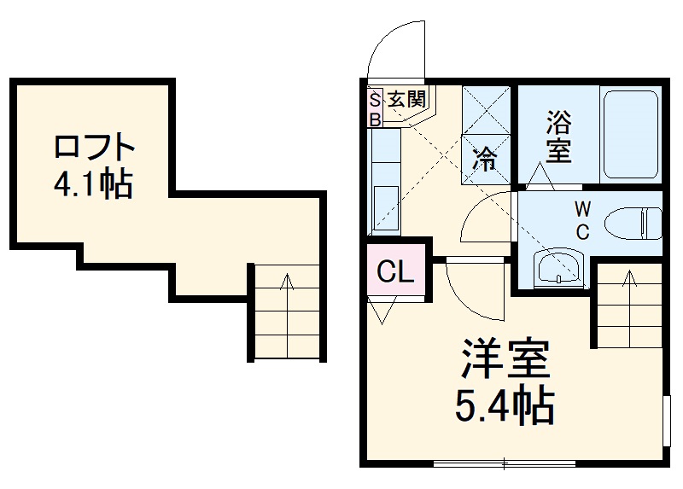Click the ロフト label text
pos(95,148)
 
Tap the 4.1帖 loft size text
pos(94,183)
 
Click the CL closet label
pos(395,272)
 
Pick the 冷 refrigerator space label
pos(485,158)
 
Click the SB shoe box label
pos(375,109)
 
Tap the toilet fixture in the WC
pos(633,224)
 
